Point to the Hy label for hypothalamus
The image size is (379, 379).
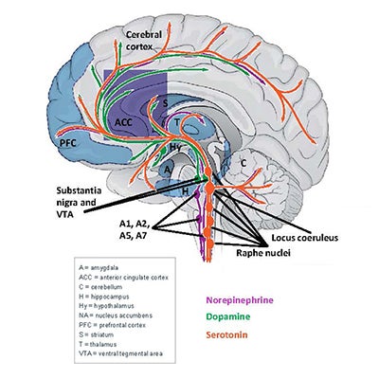176,149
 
